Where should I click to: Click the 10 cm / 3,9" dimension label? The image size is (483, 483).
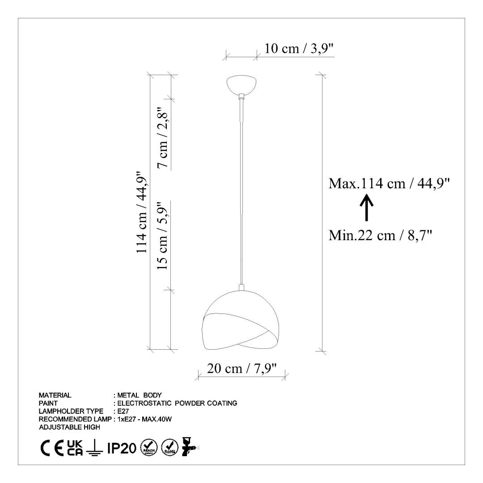click(299, 48)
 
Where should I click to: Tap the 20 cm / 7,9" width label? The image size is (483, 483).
click(241, 368)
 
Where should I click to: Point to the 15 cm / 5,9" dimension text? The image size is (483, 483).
click(163, 236)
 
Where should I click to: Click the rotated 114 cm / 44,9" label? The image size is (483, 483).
click(143, 212)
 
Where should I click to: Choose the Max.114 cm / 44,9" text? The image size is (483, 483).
click(389, 183)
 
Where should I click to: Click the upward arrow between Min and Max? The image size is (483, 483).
click(367, 208)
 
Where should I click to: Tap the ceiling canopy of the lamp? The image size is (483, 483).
click(241, 84)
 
